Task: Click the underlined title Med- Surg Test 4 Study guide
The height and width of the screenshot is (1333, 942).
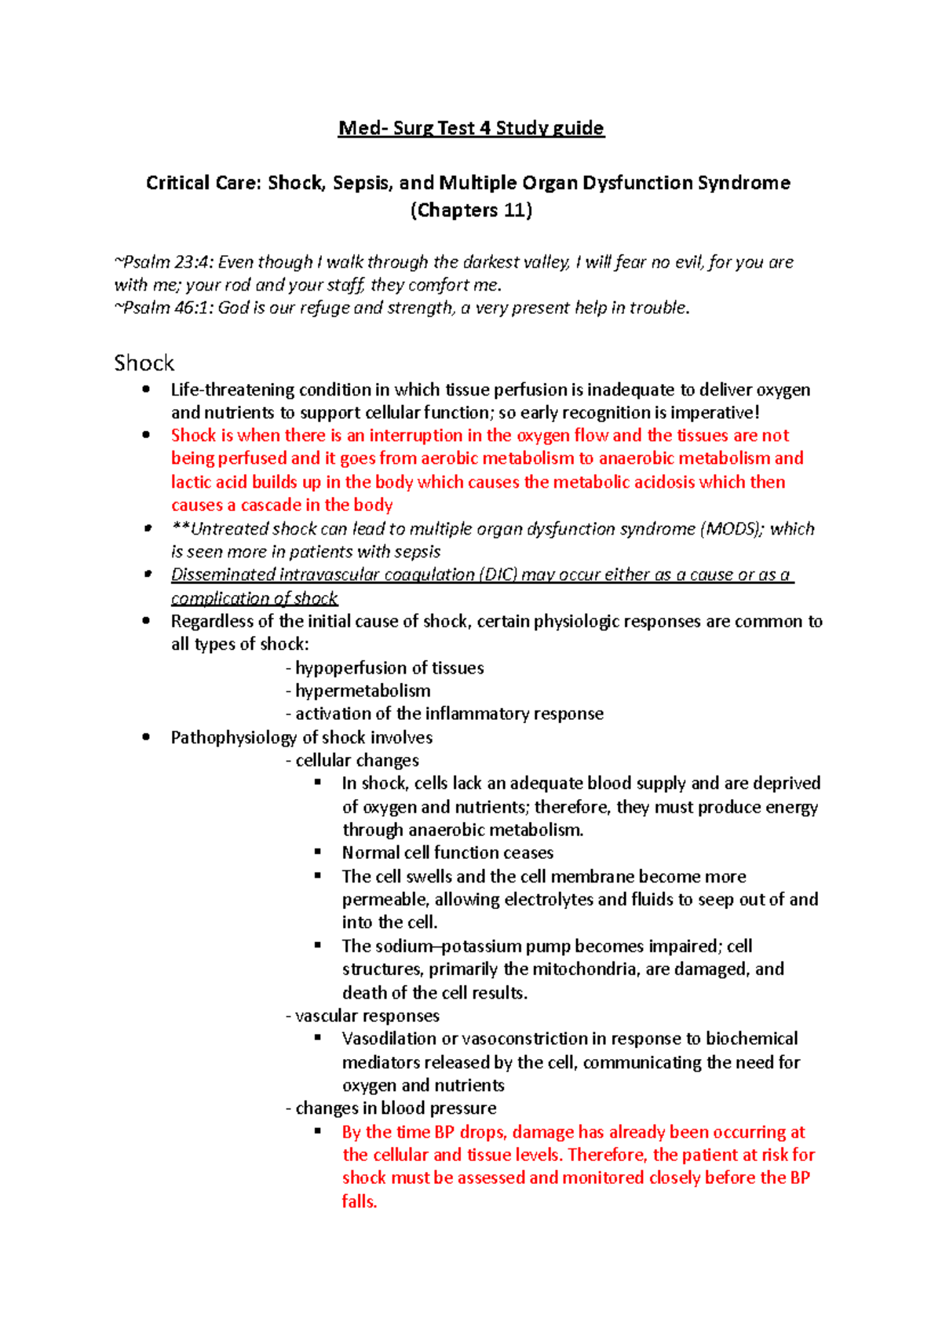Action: click(471, 128)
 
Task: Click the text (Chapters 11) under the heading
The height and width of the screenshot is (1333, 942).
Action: click(471, 210)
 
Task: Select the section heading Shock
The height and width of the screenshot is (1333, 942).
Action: click(144, 363)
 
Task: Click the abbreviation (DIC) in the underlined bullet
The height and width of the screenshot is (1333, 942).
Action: click(498, 575)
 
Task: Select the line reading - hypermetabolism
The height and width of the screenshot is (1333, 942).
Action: click(358, 691)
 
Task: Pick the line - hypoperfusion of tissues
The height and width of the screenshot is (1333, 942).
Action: click(385, 668)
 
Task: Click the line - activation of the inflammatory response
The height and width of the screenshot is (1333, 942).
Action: click(444, 714)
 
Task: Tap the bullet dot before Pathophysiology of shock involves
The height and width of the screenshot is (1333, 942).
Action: click(146, 737)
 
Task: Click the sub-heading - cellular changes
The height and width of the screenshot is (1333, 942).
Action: click(352, 760)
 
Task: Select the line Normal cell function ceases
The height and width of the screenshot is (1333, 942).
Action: click(447, 853)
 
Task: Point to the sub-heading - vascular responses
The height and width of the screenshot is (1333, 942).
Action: click(363, 1016)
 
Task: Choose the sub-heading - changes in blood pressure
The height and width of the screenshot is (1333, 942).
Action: click(391, 1108)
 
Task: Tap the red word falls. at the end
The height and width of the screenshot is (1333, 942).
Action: click(360, 1201)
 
